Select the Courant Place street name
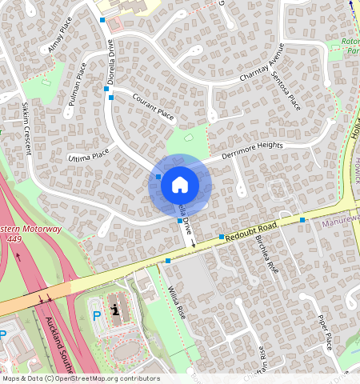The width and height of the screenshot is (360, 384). [x=154, y=107]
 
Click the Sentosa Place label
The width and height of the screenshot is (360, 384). [x=286, y=90]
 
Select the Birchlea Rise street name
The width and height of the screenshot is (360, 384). [x=266, y=255]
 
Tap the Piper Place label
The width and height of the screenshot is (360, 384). [x=324, y=331]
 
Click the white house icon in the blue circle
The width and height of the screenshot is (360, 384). [x=180, y=185]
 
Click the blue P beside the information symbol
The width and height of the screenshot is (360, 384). [x=97, y=316]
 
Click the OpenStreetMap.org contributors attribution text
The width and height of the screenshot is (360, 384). [x=103, y=378]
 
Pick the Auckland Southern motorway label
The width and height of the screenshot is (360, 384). [x=61, y=344]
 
